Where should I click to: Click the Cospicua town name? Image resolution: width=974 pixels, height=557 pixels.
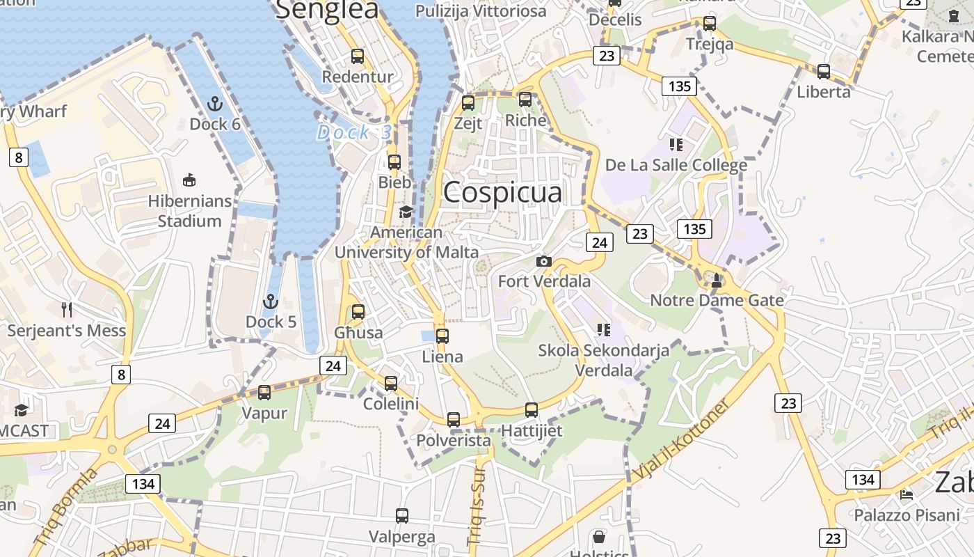click(x=502, y=192)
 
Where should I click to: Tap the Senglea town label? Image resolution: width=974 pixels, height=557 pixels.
click(x=327, y=10)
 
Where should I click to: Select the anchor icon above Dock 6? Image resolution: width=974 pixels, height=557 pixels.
click(x=215, y=104)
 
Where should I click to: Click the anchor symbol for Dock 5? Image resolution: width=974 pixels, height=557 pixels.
click(x=270, y=301)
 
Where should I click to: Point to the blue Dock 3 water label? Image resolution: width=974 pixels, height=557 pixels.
click(x=353, y=132)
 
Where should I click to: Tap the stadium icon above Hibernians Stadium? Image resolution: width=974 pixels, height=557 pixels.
click(x=189, y=180)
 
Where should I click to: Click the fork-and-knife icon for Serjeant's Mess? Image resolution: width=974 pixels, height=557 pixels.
click(x=67, y=310)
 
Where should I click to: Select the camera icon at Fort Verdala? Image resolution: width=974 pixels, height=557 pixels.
click(x=544, y=262)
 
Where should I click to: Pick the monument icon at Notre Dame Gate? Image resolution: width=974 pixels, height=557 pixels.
click(x=717, y=280)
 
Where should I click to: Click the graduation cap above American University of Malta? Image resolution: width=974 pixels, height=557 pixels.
click(x=406, y=212)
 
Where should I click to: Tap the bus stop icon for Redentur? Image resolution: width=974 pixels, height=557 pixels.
click(x=358, y=56)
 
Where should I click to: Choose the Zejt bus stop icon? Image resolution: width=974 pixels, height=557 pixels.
click(x=468, y=102)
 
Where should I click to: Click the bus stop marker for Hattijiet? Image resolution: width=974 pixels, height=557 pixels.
click(x=532, y=409)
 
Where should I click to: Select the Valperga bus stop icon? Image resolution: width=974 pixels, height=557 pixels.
click(x=402, y=516)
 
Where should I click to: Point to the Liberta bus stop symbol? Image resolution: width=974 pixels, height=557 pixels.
click(x=824, y=71)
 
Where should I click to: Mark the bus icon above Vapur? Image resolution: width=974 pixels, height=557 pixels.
click(x=264, y=392)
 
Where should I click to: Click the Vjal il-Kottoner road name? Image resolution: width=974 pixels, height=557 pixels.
click(x=681, y=439)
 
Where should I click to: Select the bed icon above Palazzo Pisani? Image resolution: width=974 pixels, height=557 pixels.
click(x=907, y=494)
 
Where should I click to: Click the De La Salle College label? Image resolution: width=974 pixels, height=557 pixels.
click(x=676, y=165)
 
